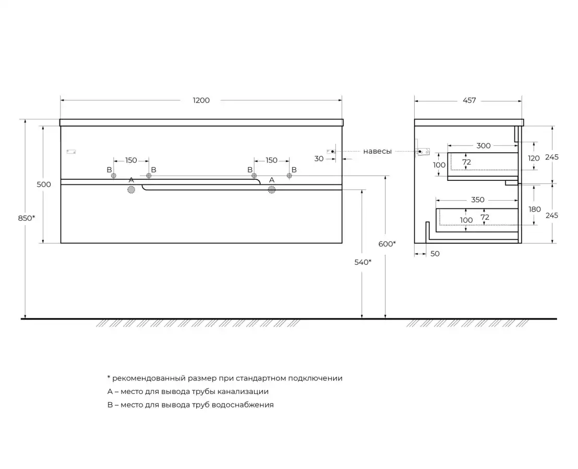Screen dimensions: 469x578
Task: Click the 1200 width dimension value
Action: click(x=201, y=101)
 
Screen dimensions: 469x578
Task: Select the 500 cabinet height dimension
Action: click(x=45, y=184)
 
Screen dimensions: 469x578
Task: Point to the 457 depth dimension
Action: click(x=469, y=101)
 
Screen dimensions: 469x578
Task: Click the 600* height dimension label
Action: click(x=387, y=243)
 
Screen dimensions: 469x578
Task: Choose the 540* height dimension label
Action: click(x=363, y=262)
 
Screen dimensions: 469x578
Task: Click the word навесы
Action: click(x=378, y=151)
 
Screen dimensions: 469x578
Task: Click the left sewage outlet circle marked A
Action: click(x=131, y=190)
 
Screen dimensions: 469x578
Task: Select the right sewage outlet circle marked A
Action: click(x=272, y=190)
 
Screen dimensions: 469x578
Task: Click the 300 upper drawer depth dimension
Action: click(x=484, y=146)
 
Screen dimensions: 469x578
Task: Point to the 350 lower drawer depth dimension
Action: click(x=478, y=200)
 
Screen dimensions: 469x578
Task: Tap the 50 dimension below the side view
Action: click(x=435, y=254)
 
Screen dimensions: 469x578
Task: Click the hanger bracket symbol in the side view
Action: click(x=422, y=151)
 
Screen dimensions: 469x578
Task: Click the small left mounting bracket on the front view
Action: click(x=71, y=152)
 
